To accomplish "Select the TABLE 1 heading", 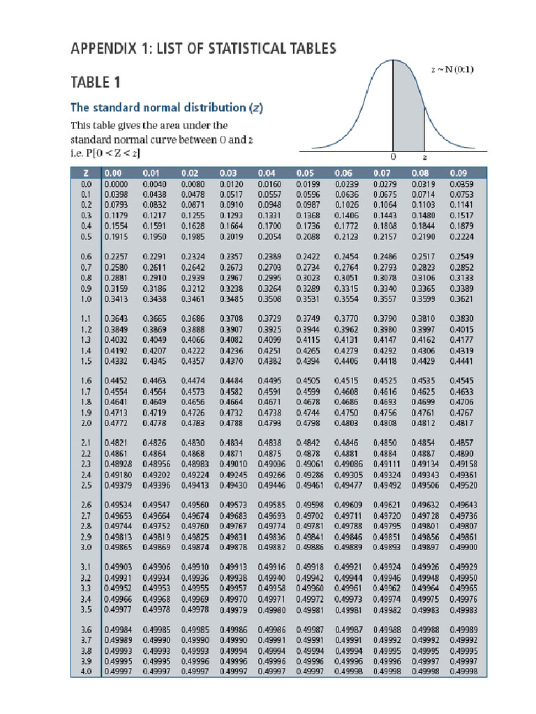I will tap(96, 82).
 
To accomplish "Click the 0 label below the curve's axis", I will tap(393, 157).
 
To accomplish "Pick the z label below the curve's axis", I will tap(424, 157).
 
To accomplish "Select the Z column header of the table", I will tap(84, 172).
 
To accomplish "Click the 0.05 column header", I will tap(306, 172).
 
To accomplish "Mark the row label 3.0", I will tap(87, 548).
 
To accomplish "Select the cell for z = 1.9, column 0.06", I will tap(346, 413).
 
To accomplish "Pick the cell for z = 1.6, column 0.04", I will tap(269, 381).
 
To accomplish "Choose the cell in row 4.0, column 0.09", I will tap(463, 671).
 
